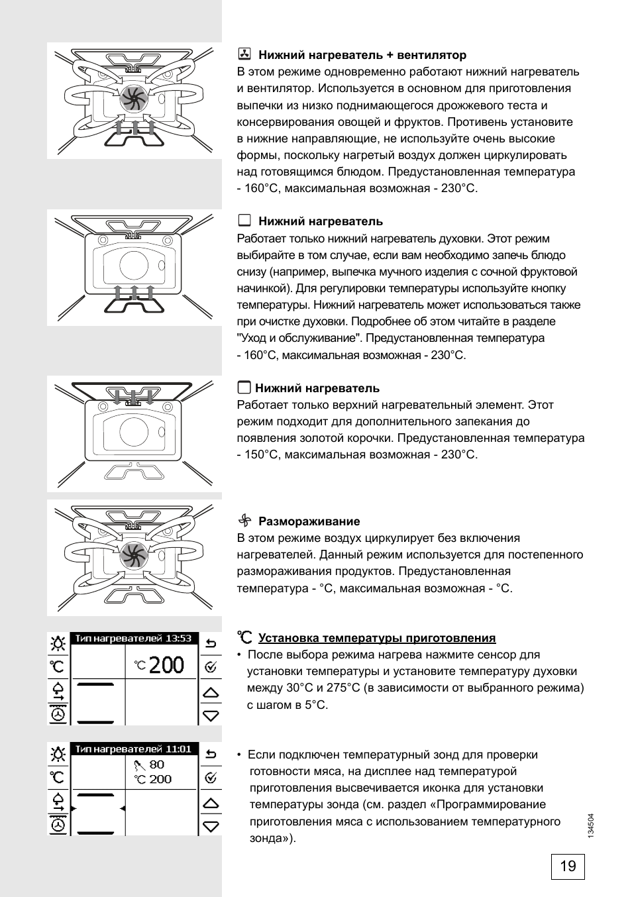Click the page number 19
click(x=568, y=866)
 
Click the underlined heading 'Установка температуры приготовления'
click(x=376, y=638)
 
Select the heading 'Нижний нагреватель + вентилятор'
click(x=362, y=55)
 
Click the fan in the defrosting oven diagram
click(x=133, y=555)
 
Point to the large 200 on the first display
click(x=166, y=664)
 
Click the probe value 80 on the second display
click(x=156, y=765)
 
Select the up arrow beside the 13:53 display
click(x=211, y=692)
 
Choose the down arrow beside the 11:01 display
click(x=211, y=826)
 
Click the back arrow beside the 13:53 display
click(x=211, y=643)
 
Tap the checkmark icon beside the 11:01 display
click(x=211, y=778)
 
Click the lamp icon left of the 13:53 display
click(x=58, y=643)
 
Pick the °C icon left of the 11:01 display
click(x=58, y=777)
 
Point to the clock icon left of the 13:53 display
click(x=58, y=715)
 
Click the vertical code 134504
click(x=591, y=827)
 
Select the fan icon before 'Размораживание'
click(x=244, y=521)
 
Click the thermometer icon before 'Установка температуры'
click(x=245, y=637)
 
